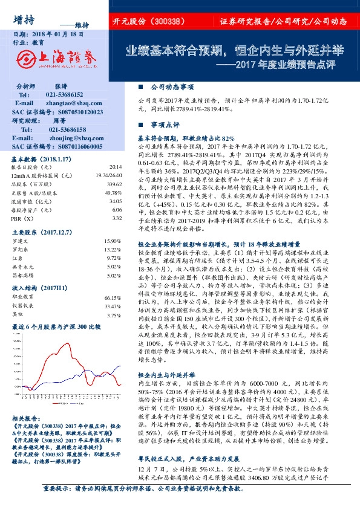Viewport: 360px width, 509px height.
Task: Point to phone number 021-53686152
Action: (x=66, y=95)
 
